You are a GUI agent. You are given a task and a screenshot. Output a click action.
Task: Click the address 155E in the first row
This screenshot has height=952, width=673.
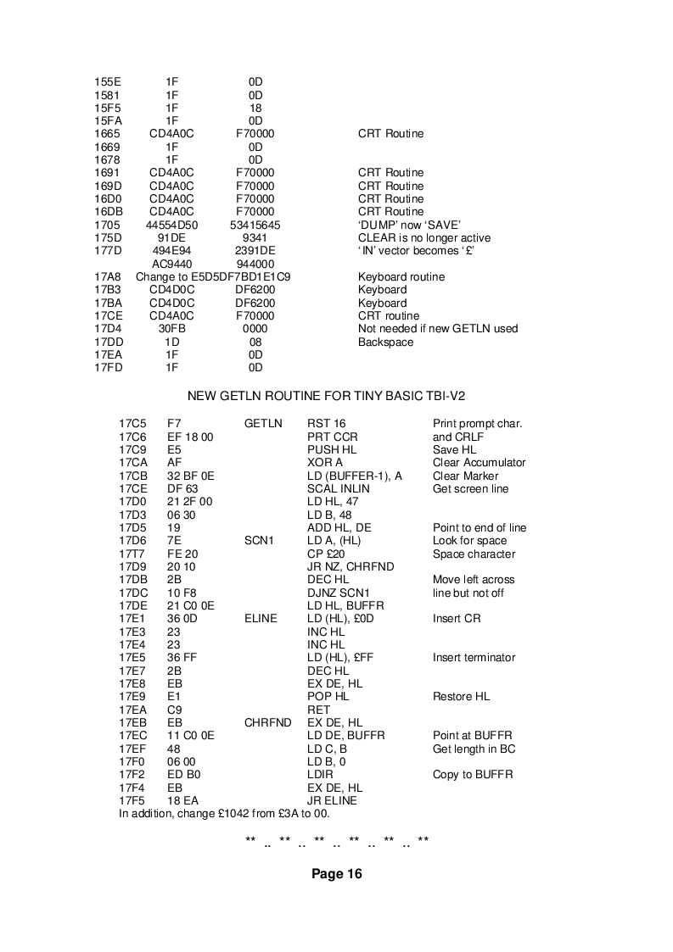[x=107, y=82]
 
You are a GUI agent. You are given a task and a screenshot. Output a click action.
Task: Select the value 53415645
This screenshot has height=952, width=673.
[x=255, y=225]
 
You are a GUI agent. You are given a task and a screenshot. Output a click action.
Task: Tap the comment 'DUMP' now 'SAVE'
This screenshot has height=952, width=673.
[x=409, y=225]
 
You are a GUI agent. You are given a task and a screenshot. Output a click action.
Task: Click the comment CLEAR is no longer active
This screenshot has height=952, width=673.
[x=424, y=238]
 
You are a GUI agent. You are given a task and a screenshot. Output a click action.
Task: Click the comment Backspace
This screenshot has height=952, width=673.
[x=386, y=342]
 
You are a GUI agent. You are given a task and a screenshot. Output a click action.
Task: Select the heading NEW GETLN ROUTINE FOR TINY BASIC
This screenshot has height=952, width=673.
[x=326, y=396]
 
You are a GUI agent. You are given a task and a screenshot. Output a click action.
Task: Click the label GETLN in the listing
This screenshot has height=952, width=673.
[x=259, y=424]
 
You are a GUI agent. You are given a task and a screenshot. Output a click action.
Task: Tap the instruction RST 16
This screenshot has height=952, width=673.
[x=327, y=424]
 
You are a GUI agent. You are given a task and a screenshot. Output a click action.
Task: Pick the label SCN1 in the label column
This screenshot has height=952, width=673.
[x=257, y=541]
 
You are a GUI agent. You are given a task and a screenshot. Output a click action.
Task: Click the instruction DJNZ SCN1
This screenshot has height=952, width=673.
[x=339, y=593]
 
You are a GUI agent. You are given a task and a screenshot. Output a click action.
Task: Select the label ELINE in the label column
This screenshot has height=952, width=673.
[x=261, y=619]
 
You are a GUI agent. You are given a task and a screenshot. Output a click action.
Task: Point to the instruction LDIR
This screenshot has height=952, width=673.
[x=320, y=775]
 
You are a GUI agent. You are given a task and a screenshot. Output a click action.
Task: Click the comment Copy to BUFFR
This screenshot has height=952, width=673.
[x=473, y=775]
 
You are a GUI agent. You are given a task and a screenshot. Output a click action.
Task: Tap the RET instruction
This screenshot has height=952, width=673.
[x=319, y=710]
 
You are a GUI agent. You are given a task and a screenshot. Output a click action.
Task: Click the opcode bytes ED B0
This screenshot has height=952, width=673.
[x=182, y=775]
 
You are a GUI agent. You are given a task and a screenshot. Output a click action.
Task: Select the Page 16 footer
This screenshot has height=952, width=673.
[x=336, y=874]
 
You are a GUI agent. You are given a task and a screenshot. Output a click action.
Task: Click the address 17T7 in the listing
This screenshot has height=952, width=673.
[x=133, y=554]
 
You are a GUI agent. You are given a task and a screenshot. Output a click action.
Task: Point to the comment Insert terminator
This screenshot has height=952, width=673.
[x=474, y=658]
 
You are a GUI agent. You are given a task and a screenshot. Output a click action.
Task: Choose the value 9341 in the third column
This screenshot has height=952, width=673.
[x=255, y=238]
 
